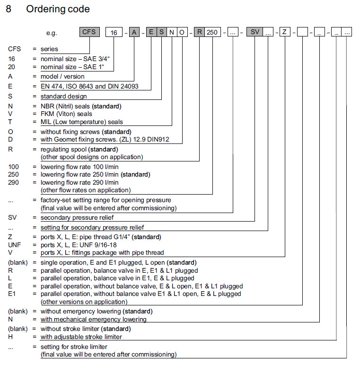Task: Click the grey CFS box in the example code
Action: click(x=89, y=32)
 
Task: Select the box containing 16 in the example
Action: click(x=114, y=33)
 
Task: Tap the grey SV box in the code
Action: click(x=255, y=33)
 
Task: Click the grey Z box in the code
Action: click(x=284, y=33)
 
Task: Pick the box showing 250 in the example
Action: click(x=212, y=33)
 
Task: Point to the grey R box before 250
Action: click(x=200, y=33)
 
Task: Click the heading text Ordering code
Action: click(x=58, y=9)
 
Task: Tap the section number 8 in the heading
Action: click(x=9, y=9)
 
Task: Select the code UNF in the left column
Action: click(x=15, y=245)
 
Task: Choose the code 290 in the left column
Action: click(x=14, y=182)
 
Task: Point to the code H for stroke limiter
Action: click(x=10, y=337)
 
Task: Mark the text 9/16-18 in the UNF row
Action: click(x=103, y=245)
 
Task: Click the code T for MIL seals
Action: click(x=10, y=122)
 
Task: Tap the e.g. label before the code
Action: click(x=52, y=33)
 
